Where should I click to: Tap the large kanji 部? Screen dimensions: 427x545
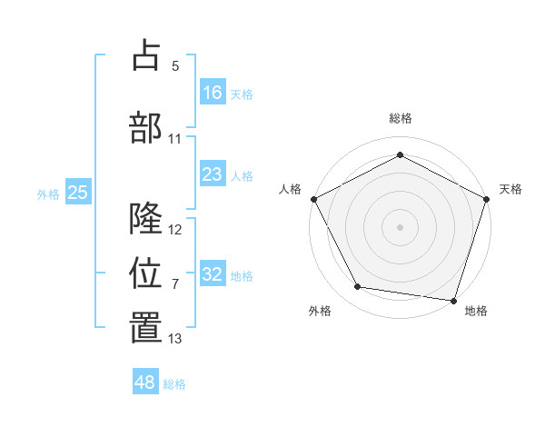[x=146, y=126]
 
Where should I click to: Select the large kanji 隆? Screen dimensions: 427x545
[x=146, y=218]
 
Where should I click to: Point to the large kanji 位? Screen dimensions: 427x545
[x=146, y=272]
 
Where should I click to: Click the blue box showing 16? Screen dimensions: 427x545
[x=213, y=93]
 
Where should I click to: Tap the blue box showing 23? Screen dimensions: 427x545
[x=213, y=174]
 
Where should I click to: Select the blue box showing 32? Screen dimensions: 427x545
[x=213, y=274]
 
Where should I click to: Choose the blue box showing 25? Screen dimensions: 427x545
[x=78, y=193]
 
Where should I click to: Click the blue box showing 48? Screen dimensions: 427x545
[x=145, y=382]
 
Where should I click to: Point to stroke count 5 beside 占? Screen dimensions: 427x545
[x=175, y=65]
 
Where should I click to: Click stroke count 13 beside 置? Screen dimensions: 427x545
[x=175, y=339]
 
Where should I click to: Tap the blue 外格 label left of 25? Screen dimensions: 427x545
[x=48, y=194]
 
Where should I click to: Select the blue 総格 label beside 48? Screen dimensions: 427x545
[x=174, y=384]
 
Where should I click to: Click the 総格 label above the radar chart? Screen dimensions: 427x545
[x=400, y=118]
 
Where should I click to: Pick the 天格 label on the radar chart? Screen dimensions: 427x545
[x=510, y=189]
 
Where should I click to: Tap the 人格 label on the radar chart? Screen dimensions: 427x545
[x=290, y=189]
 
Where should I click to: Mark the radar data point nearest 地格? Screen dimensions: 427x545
[x=453, y=300]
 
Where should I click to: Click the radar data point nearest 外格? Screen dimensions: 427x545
[x=358, y=287]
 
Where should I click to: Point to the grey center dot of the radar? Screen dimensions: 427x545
[x=400, y=226]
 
